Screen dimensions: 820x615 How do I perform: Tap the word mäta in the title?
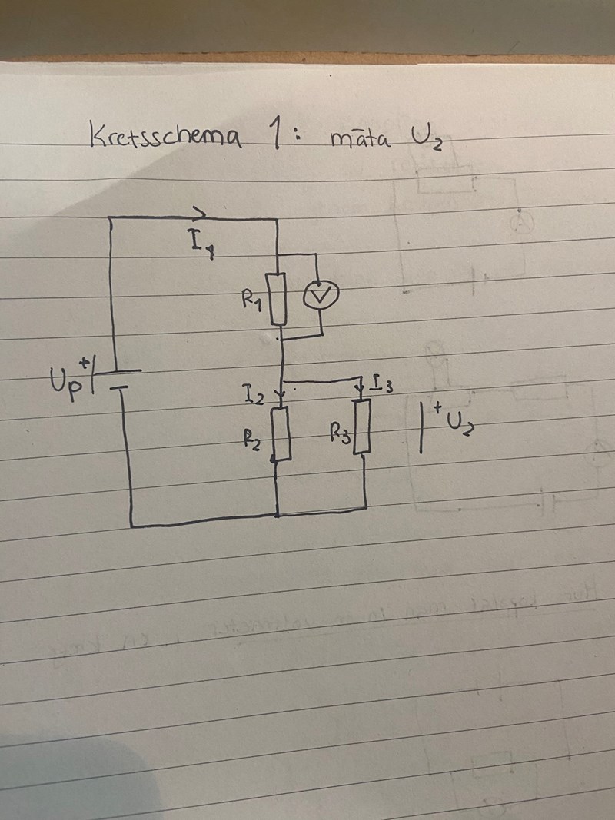pos(359,139)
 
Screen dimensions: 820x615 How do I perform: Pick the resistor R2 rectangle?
pos(282,433)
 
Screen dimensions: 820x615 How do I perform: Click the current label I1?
pos(199,244)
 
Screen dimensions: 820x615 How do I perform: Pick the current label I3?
pos(382,382)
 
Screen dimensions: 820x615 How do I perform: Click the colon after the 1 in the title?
pos(297,137)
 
